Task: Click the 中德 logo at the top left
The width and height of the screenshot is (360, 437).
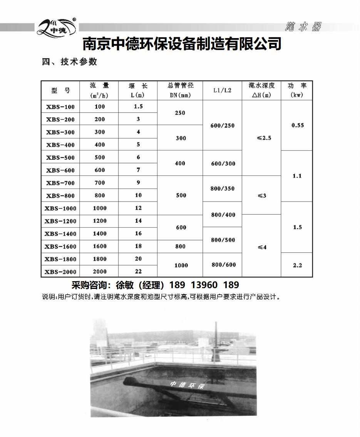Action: [57, 27]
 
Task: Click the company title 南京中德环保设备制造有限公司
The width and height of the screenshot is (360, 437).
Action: [182, 44]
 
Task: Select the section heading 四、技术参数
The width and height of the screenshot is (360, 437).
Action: [69, 62]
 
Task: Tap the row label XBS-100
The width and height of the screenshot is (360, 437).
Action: [60, 107]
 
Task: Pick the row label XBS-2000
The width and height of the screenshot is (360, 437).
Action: [60, 272]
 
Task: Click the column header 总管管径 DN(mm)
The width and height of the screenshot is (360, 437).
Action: [180, 90]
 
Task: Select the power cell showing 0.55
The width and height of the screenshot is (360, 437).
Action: [297, 125]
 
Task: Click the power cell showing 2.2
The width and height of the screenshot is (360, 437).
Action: [297, 265]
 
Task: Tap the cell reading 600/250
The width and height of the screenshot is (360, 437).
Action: [223, 126]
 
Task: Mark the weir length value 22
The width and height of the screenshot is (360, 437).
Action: [138, 272]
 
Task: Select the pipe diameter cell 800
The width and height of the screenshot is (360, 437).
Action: [180, 247]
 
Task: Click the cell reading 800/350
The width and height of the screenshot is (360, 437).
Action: [223, 189]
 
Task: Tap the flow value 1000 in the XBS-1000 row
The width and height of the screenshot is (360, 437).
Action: [100, 208]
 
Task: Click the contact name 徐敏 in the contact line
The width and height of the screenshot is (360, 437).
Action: [124, 285]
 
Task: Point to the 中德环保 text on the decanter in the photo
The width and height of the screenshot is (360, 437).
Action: [187, 385]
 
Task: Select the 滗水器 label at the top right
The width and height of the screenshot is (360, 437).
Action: [303, 27]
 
